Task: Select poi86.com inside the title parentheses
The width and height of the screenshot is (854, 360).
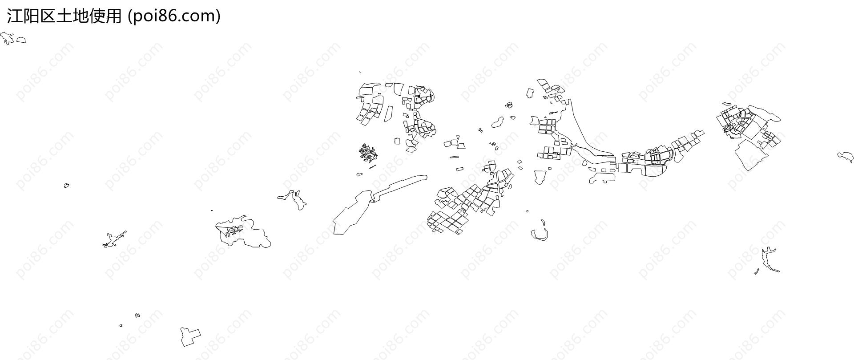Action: coord(174,16)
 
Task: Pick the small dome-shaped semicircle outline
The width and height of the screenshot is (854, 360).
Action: coord(21,40)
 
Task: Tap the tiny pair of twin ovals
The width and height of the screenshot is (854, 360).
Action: coord(137,316)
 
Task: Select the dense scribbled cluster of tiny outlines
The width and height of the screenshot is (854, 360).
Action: coord(368,153)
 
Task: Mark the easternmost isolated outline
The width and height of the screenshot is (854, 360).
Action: coord(846,157)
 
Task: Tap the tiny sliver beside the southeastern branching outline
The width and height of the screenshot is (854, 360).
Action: coord(756,271)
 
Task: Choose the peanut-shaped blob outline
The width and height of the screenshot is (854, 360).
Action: coord(497,122)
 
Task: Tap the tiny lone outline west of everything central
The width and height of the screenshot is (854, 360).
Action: coord(66,185)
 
